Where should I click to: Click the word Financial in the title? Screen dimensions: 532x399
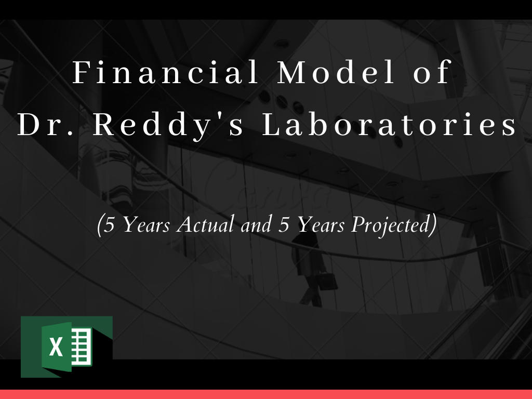(166, 72)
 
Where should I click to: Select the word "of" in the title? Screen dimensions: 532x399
(432, 72)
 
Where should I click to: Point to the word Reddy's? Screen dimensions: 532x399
(168, 125)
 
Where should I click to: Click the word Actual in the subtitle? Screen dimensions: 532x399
(205, 224)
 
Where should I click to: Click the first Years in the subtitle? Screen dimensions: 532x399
(146, 224)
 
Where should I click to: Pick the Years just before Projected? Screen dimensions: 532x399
(321, 224)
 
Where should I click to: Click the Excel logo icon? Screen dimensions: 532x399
(67, 347)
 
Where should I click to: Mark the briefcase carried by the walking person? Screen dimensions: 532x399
(327, 281)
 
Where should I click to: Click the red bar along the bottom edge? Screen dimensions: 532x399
(266, 394)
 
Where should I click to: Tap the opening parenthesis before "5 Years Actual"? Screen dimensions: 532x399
(99, 225)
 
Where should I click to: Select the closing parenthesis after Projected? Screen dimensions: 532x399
(433, 225)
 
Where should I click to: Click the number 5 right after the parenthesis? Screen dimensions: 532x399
(109, 224)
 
